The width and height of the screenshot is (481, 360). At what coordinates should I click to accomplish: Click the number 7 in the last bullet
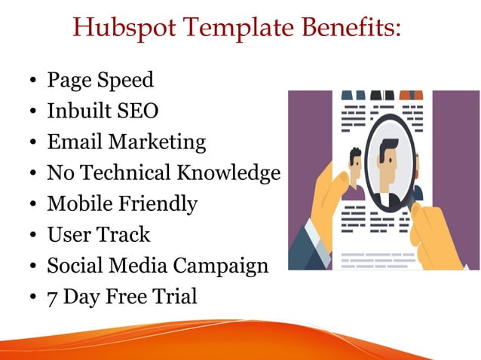click(53, 297)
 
